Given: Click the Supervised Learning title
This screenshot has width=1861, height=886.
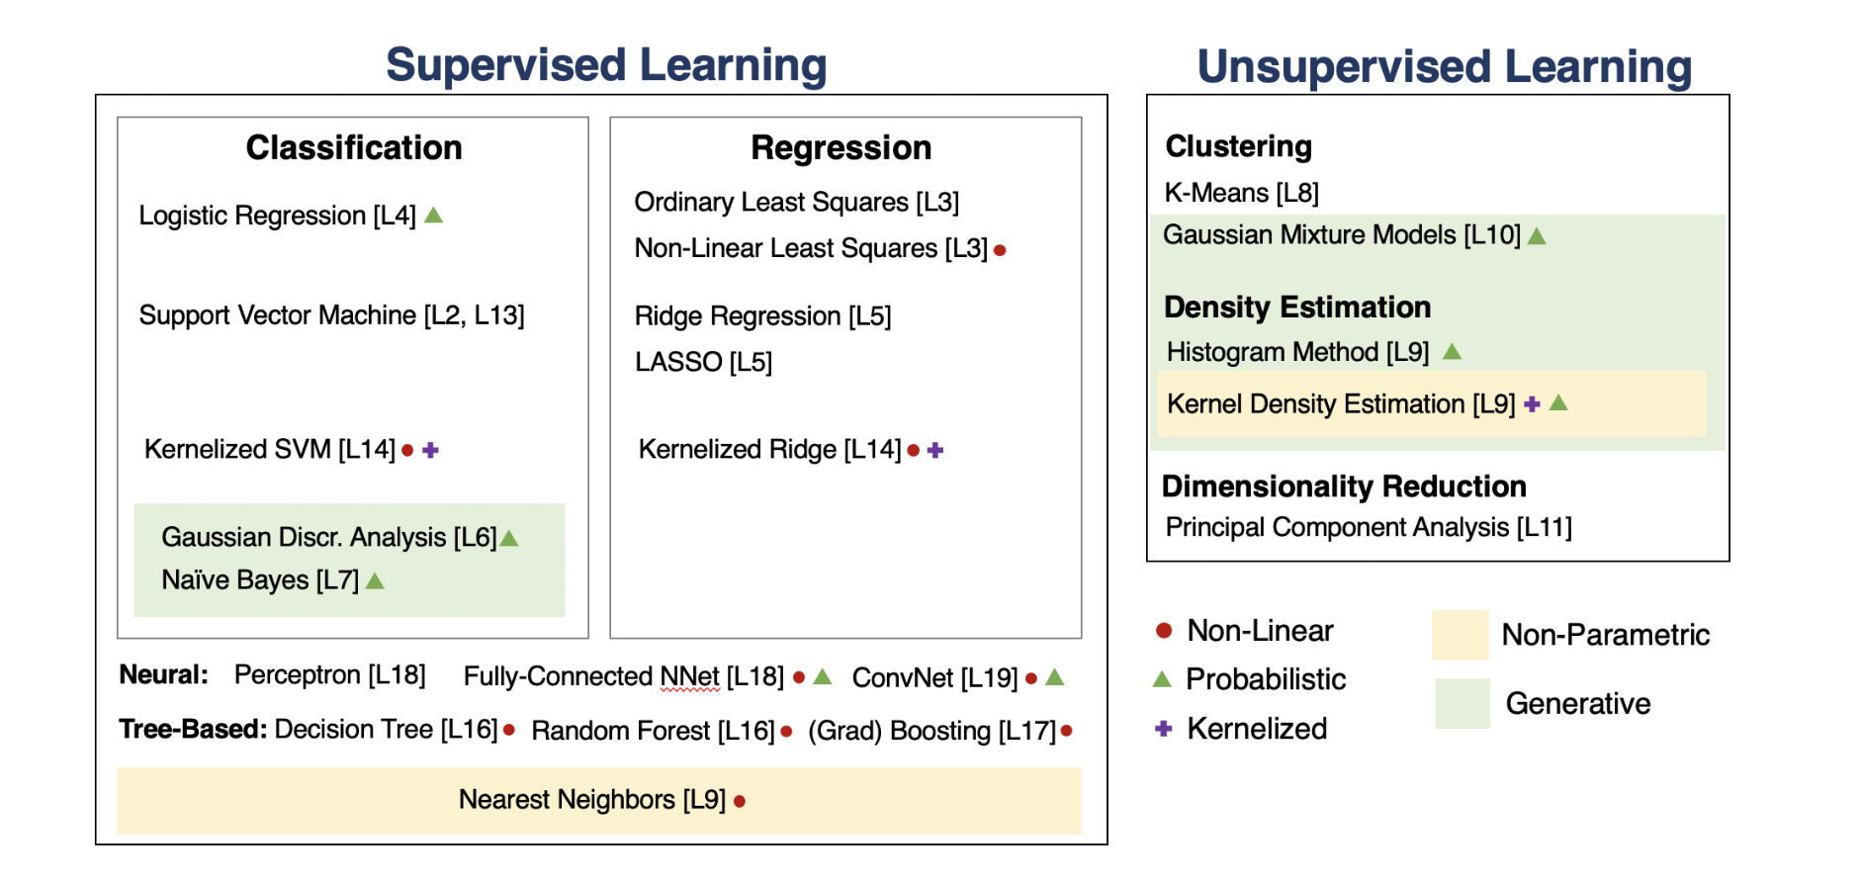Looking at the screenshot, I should (x=605, y=65).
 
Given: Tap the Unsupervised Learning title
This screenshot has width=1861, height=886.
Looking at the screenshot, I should (x=1444, y=67).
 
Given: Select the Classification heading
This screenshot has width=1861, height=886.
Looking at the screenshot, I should (x=354, y=147).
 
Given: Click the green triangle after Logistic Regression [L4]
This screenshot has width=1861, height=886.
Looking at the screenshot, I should (x=433, y=215).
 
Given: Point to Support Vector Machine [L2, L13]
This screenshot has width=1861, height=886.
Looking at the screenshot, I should (x=331, y=315).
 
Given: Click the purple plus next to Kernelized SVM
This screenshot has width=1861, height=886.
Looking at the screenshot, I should (x=430, y=450).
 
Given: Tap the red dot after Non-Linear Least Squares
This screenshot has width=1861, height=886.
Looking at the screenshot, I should (x=1000, y=250).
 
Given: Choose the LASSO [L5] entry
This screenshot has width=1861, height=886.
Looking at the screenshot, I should (x=703, y=362).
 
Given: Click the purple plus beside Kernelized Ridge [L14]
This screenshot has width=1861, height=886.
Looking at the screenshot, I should (x=935, y=450).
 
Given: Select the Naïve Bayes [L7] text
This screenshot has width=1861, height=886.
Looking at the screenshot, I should (x=260, y=579).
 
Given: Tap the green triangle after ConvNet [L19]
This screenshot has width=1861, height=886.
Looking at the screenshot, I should (x=1055, y=677).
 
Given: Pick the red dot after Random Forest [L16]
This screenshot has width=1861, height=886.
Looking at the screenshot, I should (x=786, y=732).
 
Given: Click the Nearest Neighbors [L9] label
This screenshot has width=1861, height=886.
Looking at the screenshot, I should (x=591, y=799).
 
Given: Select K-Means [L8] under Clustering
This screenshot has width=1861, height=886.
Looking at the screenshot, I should (x=1241, y=193).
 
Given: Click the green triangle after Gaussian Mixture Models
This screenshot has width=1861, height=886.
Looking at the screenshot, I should (x=1537, y=236).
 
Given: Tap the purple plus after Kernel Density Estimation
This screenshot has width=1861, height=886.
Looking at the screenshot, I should (x=1532, y=403).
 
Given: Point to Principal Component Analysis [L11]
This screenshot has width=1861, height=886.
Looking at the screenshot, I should (x=1369, y=527).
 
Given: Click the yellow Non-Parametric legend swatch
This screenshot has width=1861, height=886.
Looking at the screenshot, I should (x=1460, y=635).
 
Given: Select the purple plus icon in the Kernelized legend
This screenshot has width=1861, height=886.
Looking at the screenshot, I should (x=1164, y=729).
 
